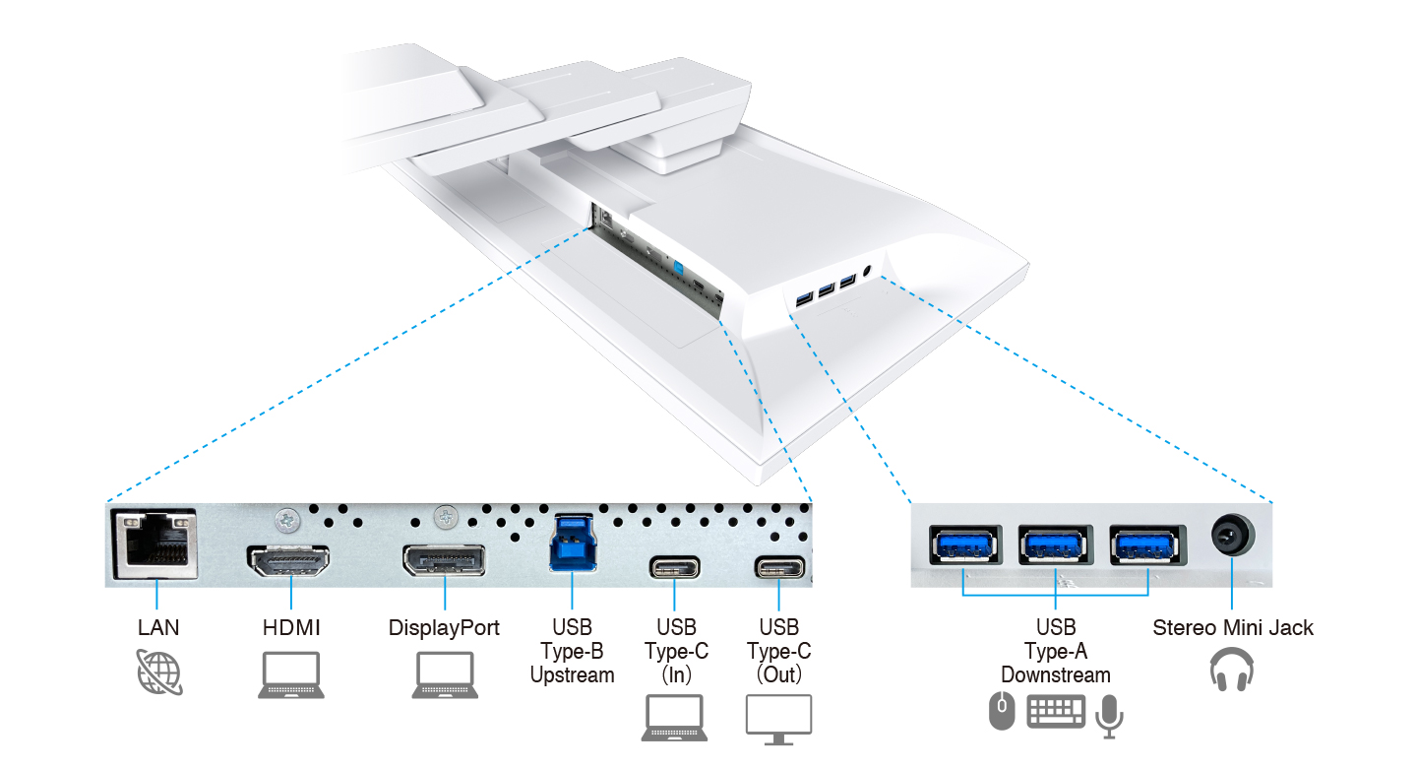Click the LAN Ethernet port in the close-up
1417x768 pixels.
pos(155,544)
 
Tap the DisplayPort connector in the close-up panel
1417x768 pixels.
pos(444,560)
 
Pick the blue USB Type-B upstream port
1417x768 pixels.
pos(573,543)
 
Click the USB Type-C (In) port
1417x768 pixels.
pos(674,567)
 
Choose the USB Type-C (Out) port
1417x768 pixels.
pos(779,567)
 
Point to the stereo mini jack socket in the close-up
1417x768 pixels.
pos(1232,535)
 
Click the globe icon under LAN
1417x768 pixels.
pos(159,672)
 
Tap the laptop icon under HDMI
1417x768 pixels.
pos(291,674)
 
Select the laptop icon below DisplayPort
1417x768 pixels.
pos(445,674)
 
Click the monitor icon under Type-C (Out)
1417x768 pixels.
pos(778,720)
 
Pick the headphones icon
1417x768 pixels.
pos(1232,670)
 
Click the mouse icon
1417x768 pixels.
pos(1002,711)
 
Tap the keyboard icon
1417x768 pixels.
pos(1056,712)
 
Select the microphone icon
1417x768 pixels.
pos(1109,716)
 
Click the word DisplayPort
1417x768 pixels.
pos(444,628)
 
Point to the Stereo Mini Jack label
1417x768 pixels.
pos(1232,627)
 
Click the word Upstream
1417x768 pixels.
pos(573,674)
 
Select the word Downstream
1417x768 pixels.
pos(1056,674)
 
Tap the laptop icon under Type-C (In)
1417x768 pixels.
pos(674,718)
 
